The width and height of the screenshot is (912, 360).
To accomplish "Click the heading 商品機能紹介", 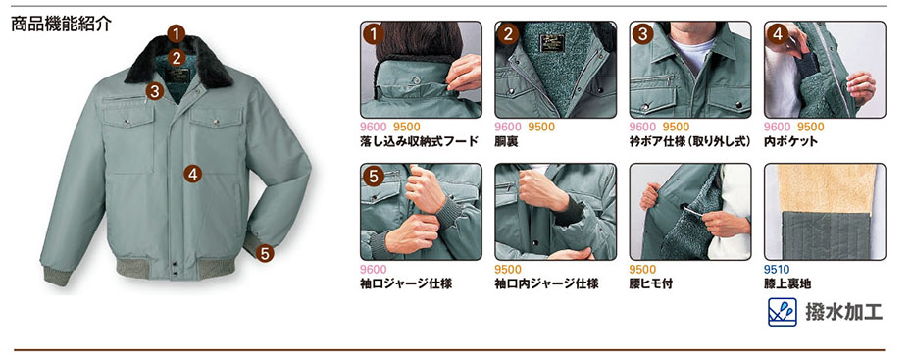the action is click(x=61, y=25).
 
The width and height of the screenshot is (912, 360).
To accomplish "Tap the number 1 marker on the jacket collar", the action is click(x=177, y=33).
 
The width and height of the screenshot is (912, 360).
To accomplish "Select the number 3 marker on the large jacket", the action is click(x=154, y=91).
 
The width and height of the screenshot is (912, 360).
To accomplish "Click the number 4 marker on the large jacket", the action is click(x=192, y=174).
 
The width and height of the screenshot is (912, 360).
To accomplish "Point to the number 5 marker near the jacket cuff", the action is click(x=265, y=253).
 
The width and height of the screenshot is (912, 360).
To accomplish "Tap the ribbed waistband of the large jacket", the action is click(x=175, y=268).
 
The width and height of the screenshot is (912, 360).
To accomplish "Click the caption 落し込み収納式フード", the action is click(x=419, y=141).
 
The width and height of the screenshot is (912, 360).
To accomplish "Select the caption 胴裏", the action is click(x=506, y=141).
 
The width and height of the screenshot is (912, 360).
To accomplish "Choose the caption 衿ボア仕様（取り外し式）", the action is click(x=690, y=141).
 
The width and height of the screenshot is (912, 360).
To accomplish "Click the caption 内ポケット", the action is click(x=791, y=141).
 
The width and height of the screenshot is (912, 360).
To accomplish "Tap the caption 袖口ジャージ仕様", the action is click(x=406, y=283).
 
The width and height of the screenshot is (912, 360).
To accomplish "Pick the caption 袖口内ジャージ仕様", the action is click(x=546, y=283).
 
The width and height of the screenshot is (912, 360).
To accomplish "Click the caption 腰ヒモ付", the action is click(x=651, y=283).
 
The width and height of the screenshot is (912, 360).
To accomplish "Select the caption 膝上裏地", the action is click(x=787, y=283).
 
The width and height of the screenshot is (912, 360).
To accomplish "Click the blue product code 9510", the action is click(x=777, y=270).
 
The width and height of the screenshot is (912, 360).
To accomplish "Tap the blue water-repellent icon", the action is click(x=783, y=312).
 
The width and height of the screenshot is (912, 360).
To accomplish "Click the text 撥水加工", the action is click(x=843, y=312).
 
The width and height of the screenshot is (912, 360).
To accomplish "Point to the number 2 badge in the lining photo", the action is click(x=508, y=34).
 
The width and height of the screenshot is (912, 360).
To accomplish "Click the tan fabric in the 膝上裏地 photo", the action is click(x=827, y=188).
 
